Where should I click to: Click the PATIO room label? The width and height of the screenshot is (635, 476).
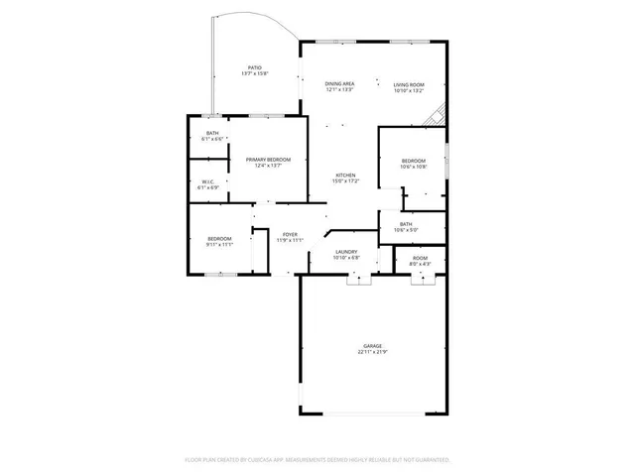tap(255, 67)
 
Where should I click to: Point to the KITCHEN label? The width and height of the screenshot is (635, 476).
tap(344, 175)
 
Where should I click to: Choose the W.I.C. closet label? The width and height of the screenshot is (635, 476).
tap(207, 181)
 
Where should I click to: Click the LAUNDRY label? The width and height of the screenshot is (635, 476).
tap(345, 252)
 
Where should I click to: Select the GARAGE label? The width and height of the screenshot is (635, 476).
tap(372, 346)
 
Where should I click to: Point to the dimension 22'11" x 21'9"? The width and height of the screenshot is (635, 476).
tap(372, 352)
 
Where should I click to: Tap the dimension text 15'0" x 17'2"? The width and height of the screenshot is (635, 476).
tap(344, 180)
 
